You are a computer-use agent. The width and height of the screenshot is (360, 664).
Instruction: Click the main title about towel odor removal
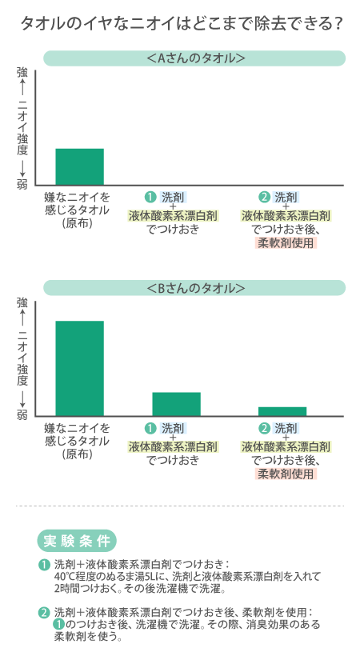coord(182,24)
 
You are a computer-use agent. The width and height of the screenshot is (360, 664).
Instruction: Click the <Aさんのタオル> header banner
coord(194,58)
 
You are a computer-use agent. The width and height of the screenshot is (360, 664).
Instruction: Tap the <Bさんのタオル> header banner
coord(194,288)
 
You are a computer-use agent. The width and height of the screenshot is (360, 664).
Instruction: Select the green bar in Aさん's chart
coord(80,166)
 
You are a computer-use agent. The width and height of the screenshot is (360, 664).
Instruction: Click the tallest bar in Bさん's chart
coord(80,369)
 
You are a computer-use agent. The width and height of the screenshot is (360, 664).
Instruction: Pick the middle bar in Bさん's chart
coord(176,404)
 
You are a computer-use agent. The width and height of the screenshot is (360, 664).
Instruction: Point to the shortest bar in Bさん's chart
coord(282,411)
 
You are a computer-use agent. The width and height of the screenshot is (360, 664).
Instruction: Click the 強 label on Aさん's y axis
coord(22,73)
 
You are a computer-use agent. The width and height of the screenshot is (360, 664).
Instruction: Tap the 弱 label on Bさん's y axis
coord(22,414)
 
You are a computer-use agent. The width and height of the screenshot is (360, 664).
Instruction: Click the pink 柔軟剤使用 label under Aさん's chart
coord(286,242)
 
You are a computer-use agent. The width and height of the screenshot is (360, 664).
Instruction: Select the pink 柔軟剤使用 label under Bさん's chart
coord(286,474)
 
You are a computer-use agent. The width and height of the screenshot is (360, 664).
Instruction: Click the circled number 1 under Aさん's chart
coord(150,197)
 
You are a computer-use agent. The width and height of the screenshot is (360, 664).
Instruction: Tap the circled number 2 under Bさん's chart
coord(264,428)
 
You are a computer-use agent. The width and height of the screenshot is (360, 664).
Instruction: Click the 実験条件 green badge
coord(77,541)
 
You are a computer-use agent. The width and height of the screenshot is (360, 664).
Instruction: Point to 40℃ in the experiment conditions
coord(64,576)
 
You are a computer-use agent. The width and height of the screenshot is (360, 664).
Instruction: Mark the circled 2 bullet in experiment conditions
coord(44,613)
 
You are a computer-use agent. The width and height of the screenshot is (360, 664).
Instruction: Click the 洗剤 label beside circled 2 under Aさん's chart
coord(286,197)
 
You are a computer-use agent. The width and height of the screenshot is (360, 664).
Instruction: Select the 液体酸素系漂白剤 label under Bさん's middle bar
coord(173,446)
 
